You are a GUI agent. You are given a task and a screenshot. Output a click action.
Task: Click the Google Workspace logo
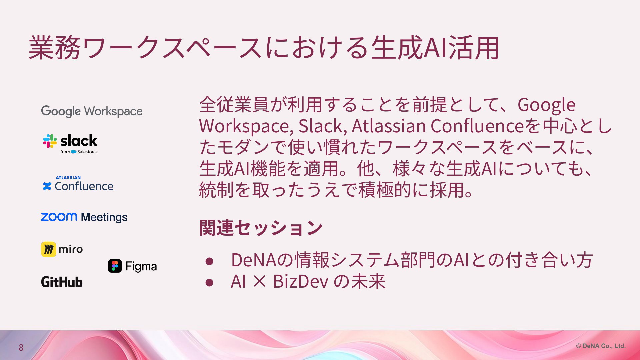click(92, 111)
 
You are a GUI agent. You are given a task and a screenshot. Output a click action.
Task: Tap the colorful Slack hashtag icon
click(50, 141)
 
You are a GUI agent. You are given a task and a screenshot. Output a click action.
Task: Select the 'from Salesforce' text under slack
click(79, 152)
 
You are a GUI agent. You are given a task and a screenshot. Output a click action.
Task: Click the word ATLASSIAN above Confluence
click(68, 178)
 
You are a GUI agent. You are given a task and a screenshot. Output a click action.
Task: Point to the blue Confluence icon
click(47, 186)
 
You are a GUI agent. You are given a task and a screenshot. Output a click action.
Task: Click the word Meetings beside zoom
click(104, 217)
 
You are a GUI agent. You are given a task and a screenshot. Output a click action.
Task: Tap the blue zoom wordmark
click(59, 217)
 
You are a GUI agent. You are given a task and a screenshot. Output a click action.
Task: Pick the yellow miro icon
click(49, 249)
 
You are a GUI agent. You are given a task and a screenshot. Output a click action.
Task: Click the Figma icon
click(115, 266)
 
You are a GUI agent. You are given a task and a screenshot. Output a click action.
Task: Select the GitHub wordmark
click(62, 282)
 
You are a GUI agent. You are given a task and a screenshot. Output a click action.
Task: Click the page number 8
click(21, 348)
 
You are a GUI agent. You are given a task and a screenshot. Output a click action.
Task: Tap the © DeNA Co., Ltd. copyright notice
click(601, 346)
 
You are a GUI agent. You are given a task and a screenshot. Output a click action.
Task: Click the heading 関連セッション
click(261, 228)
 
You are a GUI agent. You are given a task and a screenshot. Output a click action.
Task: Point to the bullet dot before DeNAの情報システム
click(209, 261)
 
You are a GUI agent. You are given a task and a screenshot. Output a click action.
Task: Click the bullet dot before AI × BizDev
click(209, 283)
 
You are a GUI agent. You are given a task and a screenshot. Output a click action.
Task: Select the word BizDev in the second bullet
click(301, 281)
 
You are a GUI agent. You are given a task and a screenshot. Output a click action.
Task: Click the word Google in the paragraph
click(546, 105)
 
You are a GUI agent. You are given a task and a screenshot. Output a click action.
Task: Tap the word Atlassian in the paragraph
click(389, 126)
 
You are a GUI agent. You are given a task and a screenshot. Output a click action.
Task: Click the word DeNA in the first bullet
click(254, 260)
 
